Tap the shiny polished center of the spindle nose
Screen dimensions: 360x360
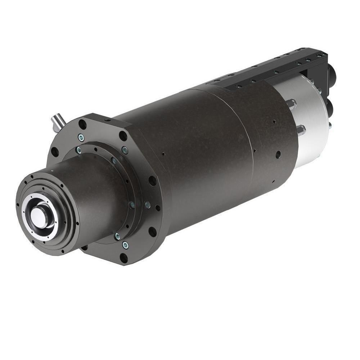click(x=37, y=216)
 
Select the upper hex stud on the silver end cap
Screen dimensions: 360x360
click(x=291, y=104)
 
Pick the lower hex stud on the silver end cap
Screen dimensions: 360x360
click(x=301, y=130)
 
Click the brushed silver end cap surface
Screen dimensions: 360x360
click(x=310, y=119)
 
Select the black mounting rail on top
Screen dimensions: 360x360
click(x=274, y=68)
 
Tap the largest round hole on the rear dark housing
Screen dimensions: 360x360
click(x=278, y=155)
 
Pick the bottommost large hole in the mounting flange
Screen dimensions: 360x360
click(x=123, y=258)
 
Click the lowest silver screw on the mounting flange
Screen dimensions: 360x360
click(x=125, y=245)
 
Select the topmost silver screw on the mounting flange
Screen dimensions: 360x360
click(x=81, y=137)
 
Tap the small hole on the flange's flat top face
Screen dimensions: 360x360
click(x=107, y=118)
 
